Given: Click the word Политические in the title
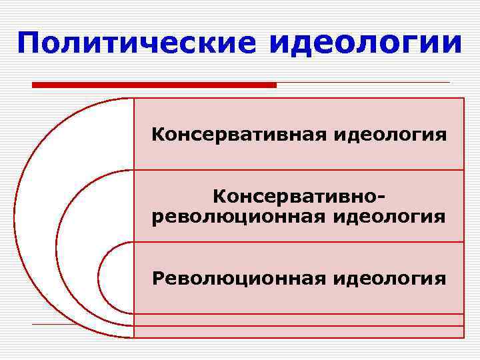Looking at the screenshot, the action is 137,43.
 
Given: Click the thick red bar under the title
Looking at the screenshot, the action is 154,85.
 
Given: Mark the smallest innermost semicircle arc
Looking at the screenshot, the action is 99,277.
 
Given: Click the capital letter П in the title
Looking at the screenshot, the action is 30,43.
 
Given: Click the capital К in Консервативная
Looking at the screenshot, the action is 157,135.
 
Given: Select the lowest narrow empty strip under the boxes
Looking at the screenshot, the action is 299,332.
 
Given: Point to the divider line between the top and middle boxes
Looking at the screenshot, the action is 299,170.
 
